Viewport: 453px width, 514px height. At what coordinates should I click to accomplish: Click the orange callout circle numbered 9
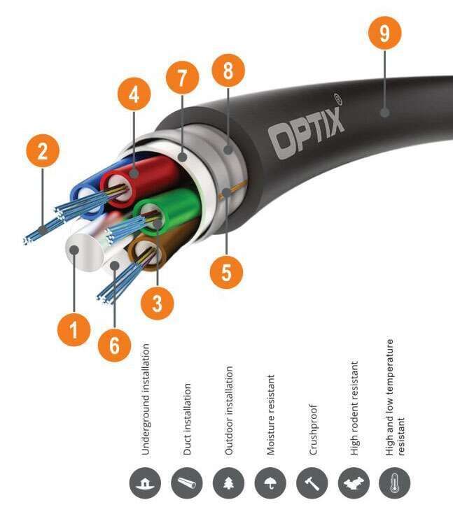385,34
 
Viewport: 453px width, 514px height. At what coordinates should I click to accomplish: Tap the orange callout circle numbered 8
229,72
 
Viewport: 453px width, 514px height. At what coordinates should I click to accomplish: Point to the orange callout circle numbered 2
43,152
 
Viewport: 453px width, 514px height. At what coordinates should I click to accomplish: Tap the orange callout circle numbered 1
74,329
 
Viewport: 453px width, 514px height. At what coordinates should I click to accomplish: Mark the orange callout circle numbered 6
114,345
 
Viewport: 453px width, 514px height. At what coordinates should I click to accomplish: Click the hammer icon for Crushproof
310,483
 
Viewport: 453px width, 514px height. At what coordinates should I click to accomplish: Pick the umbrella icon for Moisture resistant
269,483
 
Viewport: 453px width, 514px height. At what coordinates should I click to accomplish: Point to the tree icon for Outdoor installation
228,483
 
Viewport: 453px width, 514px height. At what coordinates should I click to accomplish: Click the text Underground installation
146,399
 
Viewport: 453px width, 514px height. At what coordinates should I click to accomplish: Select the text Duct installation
187,419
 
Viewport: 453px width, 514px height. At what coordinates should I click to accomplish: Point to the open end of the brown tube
149,253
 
